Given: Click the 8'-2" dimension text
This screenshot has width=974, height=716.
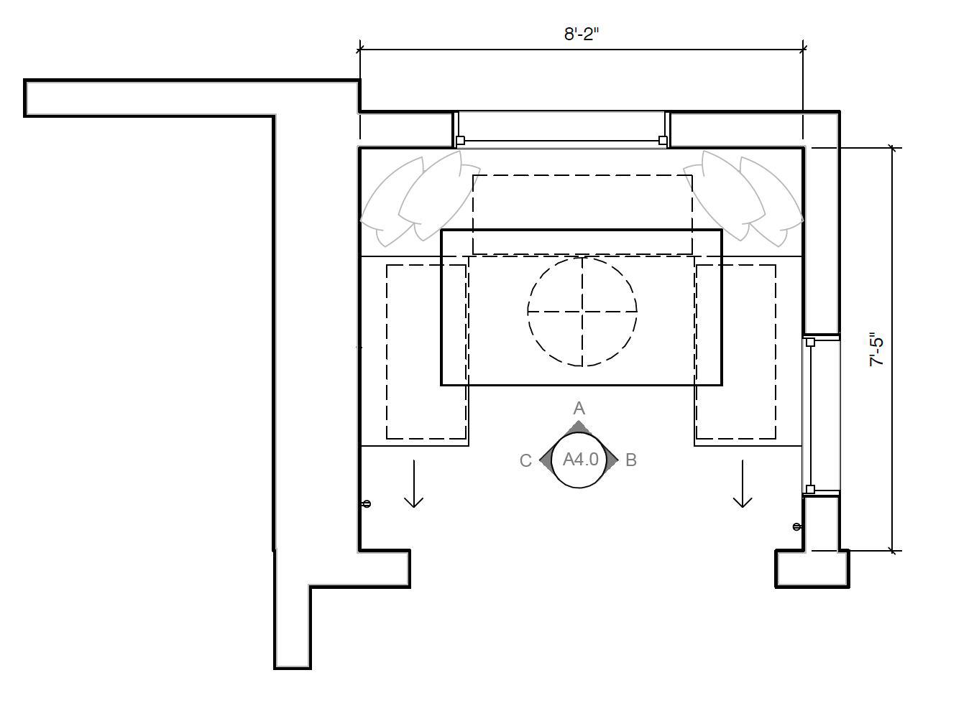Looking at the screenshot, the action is click(x=582, y=34).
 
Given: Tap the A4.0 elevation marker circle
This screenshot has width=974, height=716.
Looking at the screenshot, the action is click(x=579, y=460).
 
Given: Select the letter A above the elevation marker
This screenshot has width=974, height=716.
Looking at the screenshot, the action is click(x=579, y=408).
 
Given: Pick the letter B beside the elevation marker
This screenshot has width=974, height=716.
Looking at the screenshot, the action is click(x=631, y=460).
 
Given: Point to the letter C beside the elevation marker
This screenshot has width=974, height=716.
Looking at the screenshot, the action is click(x=525, y=460).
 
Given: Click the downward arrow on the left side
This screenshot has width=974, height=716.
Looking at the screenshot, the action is click(x=413, y=483).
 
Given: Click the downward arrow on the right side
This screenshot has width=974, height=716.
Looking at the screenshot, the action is click(x=743, y=483).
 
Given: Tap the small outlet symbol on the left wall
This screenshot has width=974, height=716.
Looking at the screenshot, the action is click(x=367, y=504).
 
